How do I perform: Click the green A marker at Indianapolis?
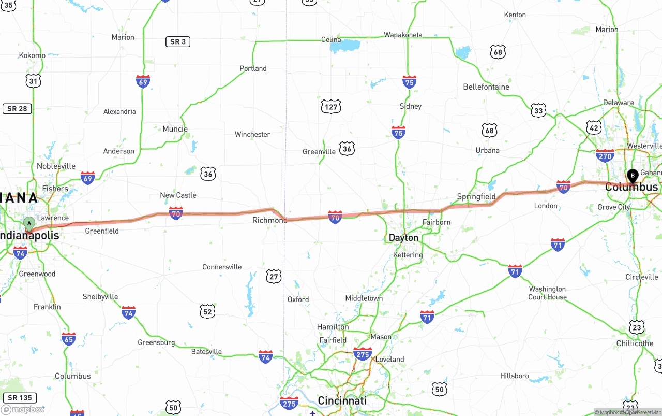[x=29, y=224]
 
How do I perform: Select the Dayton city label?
[x=403, y=238]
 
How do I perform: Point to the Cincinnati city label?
[x=342, y=400]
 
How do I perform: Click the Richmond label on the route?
[x=269, y=220]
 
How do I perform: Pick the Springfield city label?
[x=476, y=196]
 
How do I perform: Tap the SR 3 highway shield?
[x=178, y=41]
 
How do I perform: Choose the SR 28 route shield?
[x=17, y=109]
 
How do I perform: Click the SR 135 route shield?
[x=20, y=398]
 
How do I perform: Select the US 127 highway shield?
[x=331, y=107]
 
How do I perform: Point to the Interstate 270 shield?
[x=605, y=155]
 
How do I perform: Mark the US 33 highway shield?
[x=538, y=110]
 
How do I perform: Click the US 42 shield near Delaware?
[x=594, y=128]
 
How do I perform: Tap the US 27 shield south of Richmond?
[x=274, y=276]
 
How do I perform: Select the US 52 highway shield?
[x=207, y=311]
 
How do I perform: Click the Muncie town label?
[x=175, y=129]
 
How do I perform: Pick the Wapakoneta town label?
[x=403, y=35]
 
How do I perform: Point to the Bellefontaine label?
[x=486, y=87]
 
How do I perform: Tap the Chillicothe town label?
[x=635, y=343]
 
